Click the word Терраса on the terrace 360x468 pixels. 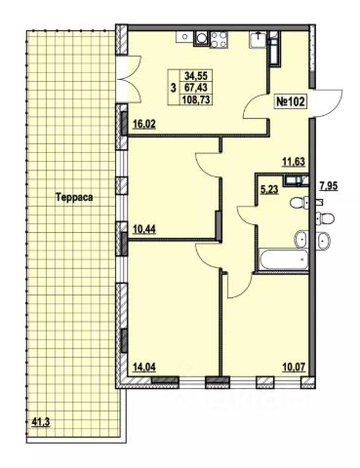click(x=74, y=197)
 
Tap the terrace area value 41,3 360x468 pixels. click(x=41, y=422)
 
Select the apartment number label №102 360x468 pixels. click(x=291, y=102)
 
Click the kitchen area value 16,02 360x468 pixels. click(x=144, y=124)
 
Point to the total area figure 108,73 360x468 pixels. click(x=197, y=98)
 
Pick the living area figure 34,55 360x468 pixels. click(x=198, y=76)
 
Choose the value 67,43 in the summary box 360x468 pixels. click(x=198, y=87)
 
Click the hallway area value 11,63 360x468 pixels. click(x=294, y=162)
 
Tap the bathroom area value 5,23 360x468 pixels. click(x=269, y=189)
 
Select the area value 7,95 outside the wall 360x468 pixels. click(x=329, y=186)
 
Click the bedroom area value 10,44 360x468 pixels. click(x=144, y=229)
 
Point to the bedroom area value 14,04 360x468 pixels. click(x=144, y=367)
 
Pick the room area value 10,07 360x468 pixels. click(x=294, y=368)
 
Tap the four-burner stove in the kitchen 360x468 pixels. click(x=219, y=40)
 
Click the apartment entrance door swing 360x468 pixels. click(x=328, y=102)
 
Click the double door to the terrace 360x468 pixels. click(x=129, y=79)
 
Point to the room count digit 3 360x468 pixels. click(x=174, y=87)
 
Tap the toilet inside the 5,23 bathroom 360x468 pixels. click(x=300, y=204)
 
